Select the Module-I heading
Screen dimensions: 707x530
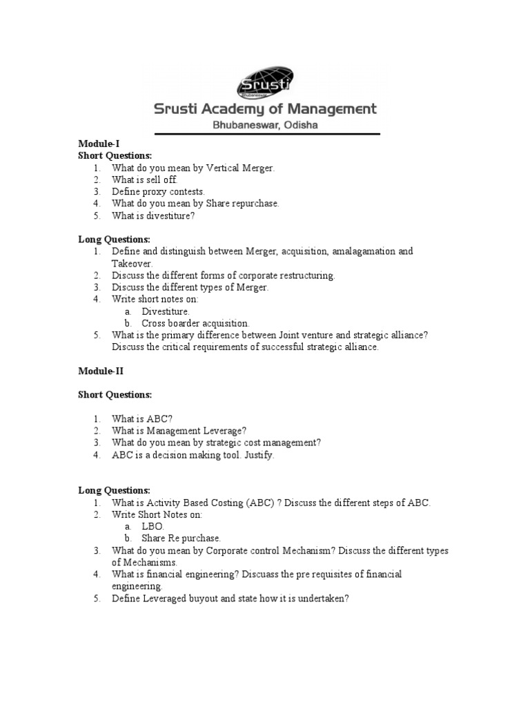coord(99,144)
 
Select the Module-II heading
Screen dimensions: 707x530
coord(100,371)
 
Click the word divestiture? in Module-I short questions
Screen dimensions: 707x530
coord(172,215)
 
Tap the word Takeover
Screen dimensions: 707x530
coord(132,263)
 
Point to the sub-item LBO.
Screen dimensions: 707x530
coord(153,526)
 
